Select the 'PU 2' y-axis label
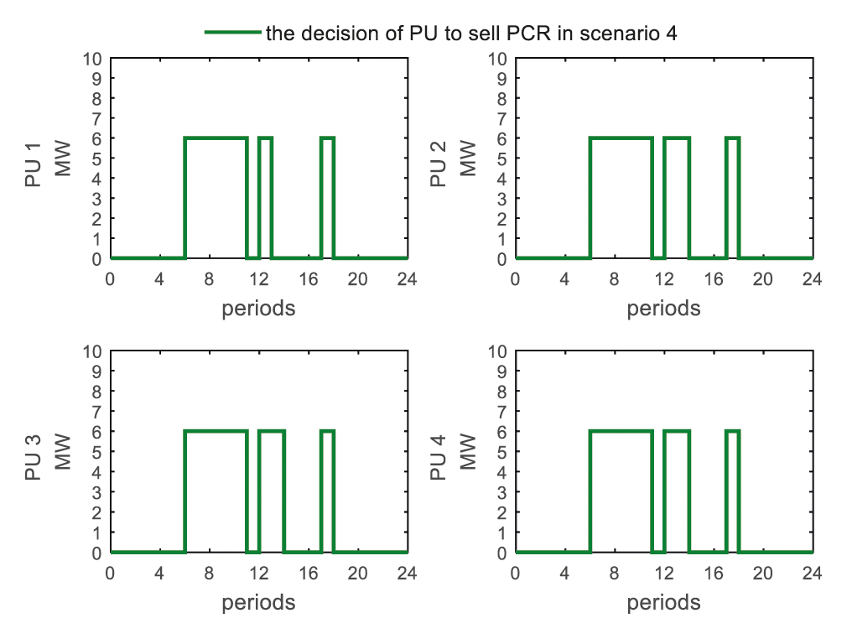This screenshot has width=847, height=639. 439,158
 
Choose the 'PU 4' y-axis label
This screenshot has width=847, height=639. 439,452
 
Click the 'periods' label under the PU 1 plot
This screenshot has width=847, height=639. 258,309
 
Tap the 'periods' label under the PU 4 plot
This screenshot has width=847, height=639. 663,602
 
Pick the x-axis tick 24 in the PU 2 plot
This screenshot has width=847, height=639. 813,278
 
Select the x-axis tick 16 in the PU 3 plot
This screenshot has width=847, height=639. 309,573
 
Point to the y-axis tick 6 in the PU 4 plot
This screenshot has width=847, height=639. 502,432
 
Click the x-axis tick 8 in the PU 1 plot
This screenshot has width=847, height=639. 209,278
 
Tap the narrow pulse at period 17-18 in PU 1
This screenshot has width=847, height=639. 327,138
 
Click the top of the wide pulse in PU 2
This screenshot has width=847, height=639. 621,138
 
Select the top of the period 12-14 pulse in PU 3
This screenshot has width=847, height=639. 271,431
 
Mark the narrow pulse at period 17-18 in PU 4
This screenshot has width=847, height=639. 732,431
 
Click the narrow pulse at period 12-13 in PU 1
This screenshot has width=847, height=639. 265,138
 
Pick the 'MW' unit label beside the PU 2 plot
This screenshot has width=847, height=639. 469,158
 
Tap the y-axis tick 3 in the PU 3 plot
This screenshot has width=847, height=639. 97,492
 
